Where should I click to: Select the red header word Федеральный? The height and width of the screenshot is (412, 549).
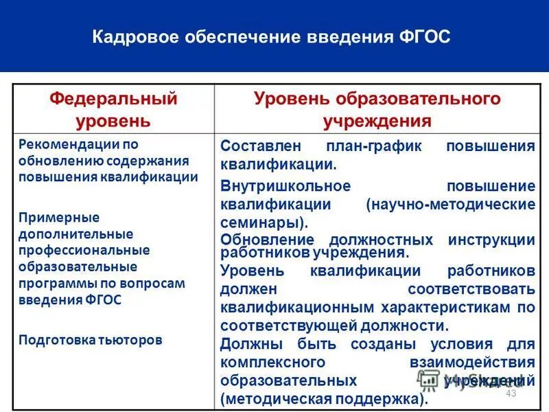tap(113, 99)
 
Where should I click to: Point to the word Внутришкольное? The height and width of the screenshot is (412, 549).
tap(285, 187)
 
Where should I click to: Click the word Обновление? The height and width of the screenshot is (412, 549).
tap(268, 240)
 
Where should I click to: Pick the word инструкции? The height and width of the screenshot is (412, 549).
tap(491, 240)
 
